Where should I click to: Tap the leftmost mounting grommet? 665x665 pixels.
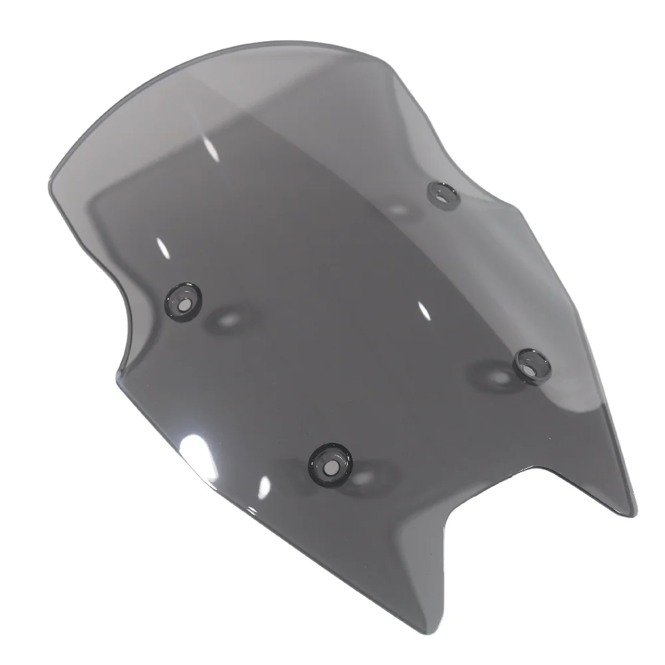click(x=183, y=301)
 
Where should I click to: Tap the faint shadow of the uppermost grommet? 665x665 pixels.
click(x=399, y=209)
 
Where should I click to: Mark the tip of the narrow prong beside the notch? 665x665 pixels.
click(x=632, y=513)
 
